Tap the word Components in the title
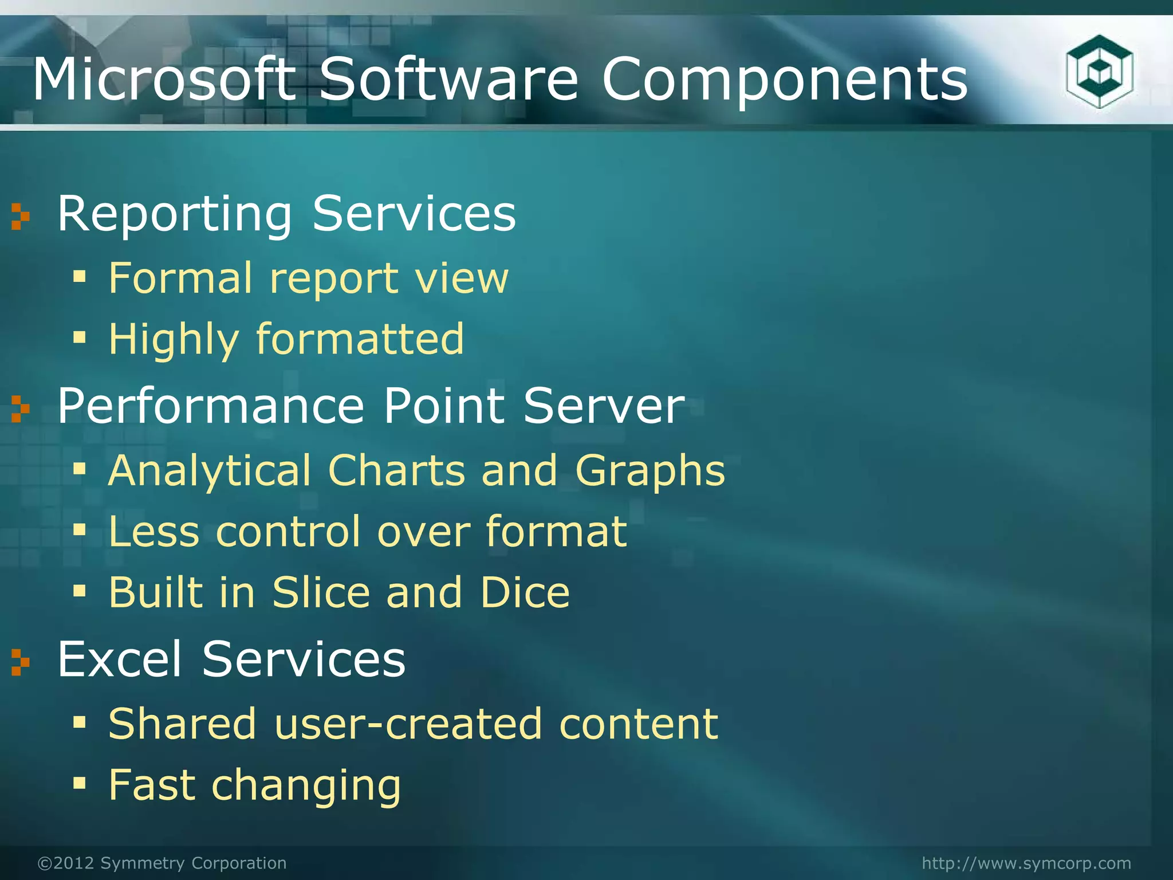click(784, 80)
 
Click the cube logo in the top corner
click(1099, 72)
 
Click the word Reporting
click(175, 215)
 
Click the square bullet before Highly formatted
click(79, 337)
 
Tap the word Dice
click(525, 592)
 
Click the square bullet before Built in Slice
click(79, 591)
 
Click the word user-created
click(407, 724)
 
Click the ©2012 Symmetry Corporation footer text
click(162, 863)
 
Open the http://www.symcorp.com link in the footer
click(1026, 863)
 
